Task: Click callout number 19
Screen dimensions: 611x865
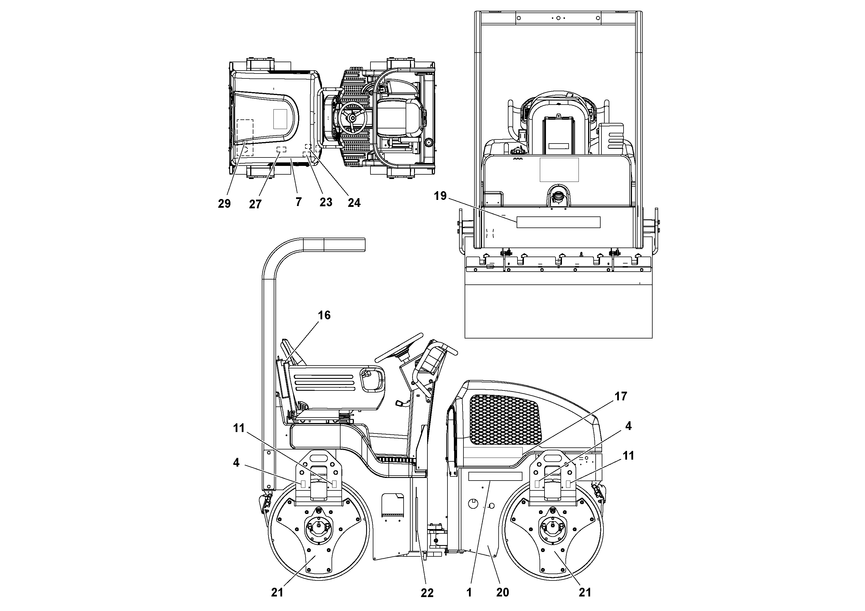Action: [x=440, y=196]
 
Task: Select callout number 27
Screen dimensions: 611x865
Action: [x=255, y=204]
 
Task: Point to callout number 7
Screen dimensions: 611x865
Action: [x=298, y=202]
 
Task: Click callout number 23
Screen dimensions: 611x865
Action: [x=326, y=202]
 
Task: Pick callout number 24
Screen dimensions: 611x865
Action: [x=354, y=203]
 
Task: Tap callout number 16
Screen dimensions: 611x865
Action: [x=324, y=315]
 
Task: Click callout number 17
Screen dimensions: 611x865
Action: [x=621, y=396]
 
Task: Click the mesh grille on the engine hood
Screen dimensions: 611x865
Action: [x=505, y=418]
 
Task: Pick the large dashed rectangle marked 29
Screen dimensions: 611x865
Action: [x=245, y=137]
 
